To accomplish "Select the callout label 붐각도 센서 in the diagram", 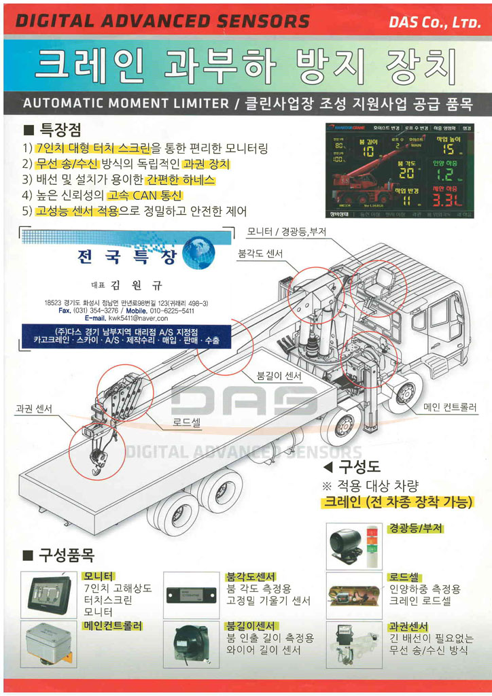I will (x=260, y=254).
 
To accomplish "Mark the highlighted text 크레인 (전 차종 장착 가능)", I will (x=397, y=503).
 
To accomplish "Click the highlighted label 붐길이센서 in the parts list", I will (x=251, y=625).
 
